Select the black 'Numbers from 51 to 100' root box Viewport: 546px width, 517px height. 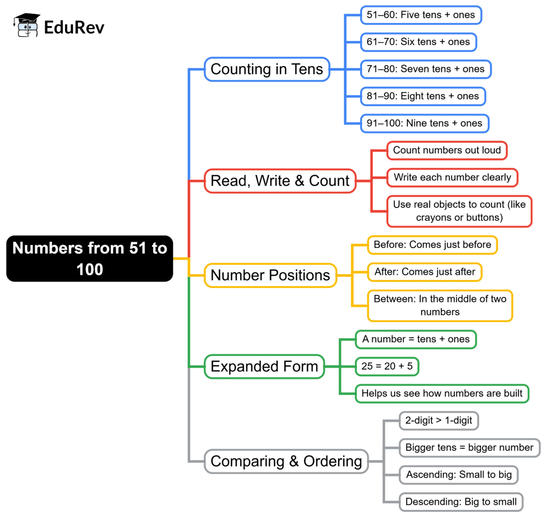click(90, 259)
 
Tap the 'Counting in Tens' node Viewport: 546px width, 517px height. click(267, 69)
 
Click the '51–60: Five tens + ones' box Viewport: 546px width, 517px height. click(421, 15)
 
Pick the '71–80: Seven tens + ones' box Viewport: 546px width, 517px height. click(425, 69)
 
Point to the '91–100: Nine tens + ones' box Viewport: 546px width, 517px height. click(424, 123)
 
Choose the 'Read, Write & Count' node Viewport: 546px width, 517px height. click(280, 181)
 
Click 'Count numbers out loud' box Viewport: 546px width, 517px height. click(447, 150)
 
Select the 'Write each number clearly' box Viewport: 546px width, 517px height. click(452, 177)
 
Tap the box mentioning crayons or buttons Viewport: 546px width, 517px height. click(459, 211)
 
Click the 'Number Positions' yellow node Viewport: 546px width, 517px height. click(270, 275)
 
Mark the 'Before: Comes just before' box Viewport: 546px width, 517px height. click(432, 245)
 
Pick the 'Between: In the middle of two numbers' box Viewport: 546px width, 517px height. click(440, 305)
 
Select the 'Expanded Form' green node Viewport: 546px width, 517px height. click(264, 367)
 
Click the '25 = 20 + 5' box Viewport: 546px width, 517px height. click(387, 367)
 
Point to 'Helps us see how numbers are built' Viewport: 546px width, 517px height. click(442, 394)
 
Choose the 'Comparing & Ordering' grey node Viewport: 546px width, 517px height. click(286, 462)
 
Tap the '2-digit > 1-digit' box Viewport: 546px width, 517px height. click(438, 420)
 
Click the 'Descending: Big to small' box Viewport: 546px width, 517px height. click(461, 502)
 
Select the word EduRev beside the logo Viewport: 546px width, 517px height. click(74, 27)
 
